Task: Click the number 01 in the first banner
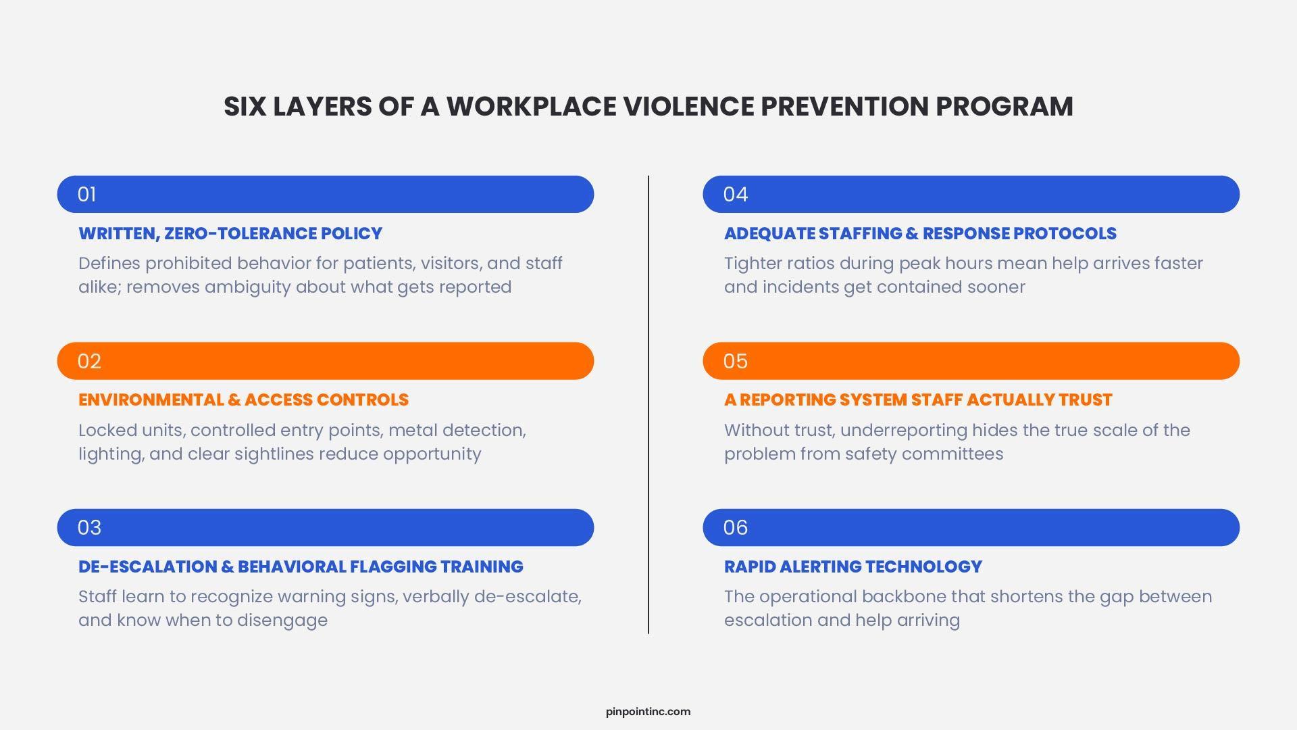(86, 195)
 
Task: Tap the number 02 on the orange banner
(89, 361)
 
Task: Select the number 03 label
(89, 528)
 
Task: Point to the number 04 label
(736, 195)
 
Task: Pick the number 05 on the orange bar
(736, 361)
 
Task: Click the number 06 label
(736, 528)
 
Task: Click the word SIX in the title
(244, 107)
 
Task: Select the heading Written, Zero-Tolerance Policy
(230, 234)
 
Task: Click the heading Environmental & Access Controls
(243, 400)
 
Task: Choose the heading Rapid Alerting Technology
(853, 566)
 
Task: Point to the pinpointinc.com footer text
(648, 711)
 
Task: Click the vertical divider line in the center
(648, 405)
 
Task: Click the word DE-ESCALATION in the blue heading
(147, 566)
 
